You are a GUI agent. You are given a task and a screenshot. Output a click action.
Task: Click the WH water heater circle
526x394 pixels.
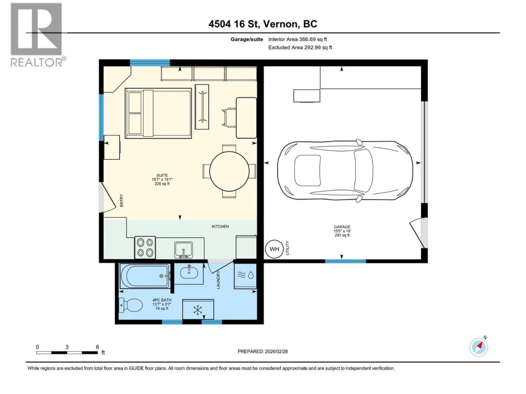pyautogui.click(x=274, y=249)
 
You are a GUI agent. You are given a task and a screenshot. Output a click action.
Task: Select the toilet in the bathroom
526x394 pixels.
pyautogui.click(x=131, y=305)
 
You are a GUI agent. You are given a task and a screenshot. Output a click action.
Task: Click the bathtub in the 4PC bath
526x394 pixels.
pyautogui.click(x=145, y=276)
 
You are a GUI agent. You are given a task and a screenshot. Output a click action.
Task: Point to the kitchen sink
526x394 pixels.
pyautogui.click(x=183, y=250)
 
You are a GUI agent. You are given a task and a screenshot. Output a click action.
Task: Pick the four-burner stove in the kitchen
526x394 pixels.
pyautogui.click(x=145, y=247)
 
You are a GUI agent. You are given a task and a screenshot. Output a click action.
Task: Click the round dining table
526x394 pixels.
pyautogui.click(x=229, y=171)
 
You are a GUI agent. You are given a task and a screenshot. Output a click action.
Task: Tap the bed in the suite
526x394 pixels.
pyautogui.click(x=158, y=113)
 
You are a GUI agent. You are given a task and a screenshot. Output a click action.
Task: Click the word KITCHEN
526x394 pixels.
pyautogui.click(x=220, y=226)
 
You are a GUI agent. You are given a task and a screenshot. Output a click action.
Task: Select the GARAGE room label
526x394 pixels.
pyautogui.click(x=342, y=227)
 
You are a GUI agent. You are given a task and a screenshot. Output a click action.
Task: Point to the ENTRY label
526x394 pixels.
pyautogui.click(x=121, y=200)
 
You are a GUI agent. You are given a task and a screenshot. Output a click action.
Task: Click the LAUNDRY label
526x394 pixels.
pyautogui.click(x=218, y=280)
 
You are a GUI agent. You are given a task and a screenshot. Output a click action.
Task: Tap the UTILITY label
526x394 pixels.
pyautogui.click(x=288, y=248)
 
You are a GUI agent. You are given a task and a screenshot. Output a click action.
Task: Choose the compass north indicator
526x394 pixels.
pyautogui.click(x=479, y=347)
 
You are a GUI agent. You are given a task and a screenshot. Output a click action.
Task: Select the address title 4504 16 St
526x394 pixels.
pyautogui.click(x=234, y=24)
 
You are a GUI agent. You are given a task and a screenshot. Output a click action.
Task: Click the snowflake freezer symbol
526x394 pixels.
pyautogui.click(x=198, y=310)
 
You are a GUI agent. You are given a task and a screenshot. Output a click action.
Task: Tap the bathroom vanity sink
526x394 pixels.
pyautogui.click(x=189, y=273)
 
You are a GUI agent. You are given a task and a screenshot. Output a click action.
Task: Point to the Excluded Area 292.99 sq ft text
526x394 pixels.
pyautogui.click(x=300, y=47)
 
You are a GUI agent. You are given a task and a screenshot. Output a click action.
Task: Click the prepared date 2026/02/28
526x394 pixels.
pyautogui.click(x=276, y=351)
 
